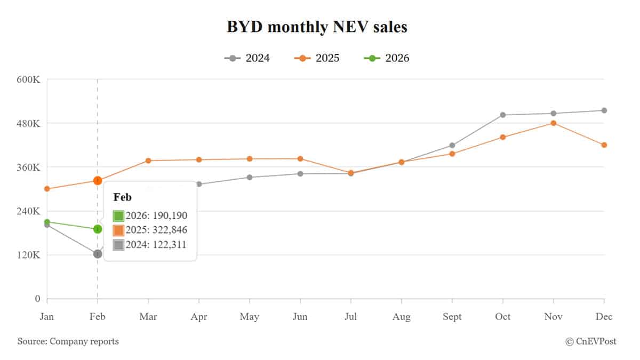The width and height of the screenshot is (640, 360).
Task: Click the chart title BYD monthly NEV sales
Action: click(x=317, y=27)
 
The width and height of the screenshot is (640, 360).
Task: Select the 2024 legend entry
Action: click(x=247, y=58)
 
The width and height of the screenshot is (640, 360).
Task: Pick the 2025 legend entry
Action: click(x=317, y=58)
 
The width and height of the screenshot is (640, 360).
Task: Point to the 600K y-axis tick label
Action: click(x=29, y=79)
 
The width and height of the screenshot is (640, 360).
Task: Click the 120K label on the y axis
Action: click(x=29, y=255)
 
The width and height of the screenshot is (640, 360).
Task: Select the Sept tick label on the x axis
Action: click(x=452, y=317)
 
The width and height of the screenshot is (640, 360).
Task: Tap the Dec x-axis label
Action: click(x=604, y=317)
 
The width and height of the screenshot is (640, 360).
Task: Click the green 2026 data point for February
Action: click(x=98, y=229)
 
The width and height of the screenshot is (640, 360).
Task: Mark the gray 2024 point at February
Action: click(x=98, y=254)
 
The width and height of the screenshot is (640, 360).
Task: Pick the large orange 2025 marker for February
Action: click(x=98, y=181)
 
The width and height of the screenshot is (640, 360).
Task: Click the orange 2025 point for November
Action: click(x=554, y=123)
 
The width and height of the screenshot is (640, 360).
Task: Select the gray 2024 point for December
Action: click(x=604, y=110)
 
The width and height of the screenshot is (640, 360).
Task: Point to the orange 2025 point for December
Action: click(x=604, y=145)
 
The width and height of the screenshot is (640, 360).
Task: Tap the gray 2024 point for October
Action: click(x=503, y=115)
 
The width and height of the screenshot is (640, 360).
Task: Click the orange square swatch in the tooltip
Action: click(x=118, y=230)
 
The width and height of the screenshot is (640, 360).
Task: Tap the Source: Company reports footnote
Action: click(x=68, y=341)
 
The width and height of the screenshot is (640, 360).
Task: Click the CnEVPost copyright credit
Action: click(x=590, y=341)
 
